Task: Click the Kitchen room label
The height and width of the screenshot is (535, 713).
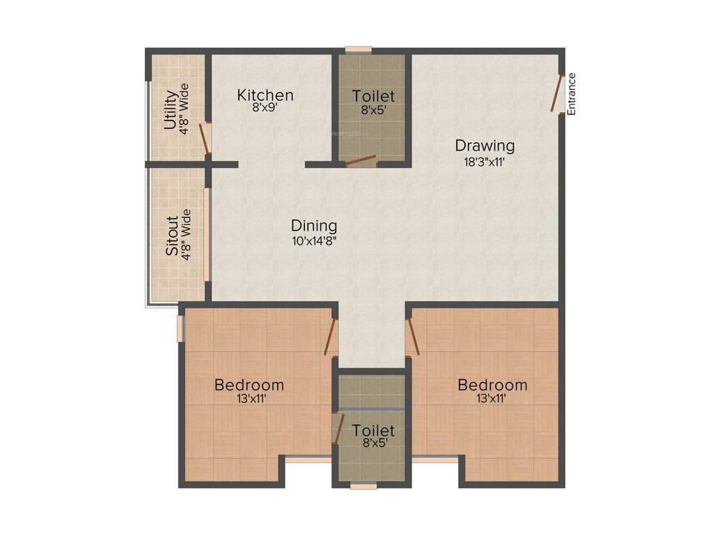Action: pos(265,95)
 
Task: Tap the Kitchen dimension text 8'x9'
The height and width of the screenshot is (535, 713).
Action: pos(265,108)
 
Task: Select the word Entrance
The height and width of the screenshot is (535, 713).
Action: pos(572,94)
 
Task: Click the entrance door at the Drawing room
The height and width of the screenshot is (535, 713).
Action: pos(556,94)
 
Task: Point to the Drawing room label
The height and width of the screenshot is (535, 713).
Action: pos(485,146)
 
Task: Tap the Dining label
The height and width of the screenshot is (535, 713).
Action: pos(314,226)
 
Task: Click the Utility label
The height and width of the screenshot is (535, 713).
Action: pos(169,110)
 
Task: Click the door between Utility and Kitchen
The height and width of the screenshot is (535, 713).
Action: pos(205,139)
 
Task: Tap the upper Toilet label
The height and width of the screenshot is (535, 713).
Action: pos(373,95)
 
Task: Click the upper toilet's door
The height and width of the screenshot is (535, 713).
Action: pos(361,161)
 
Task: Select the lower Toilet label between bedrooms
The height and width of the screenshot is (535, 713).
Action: pos(373,431)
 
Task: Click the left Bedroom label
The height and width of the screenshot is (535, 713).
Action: pos(249,385)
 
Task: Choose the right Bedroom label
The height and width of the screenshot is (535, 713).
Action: pos(492,385)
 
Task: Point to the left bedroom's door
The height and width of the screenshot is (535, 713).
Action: pos(330,336)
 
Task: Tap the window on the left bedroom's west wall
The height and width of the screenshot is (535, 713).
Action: pos(180,329)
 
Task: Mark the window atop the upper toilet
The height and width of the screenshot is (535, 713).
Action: pos(359,49)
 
